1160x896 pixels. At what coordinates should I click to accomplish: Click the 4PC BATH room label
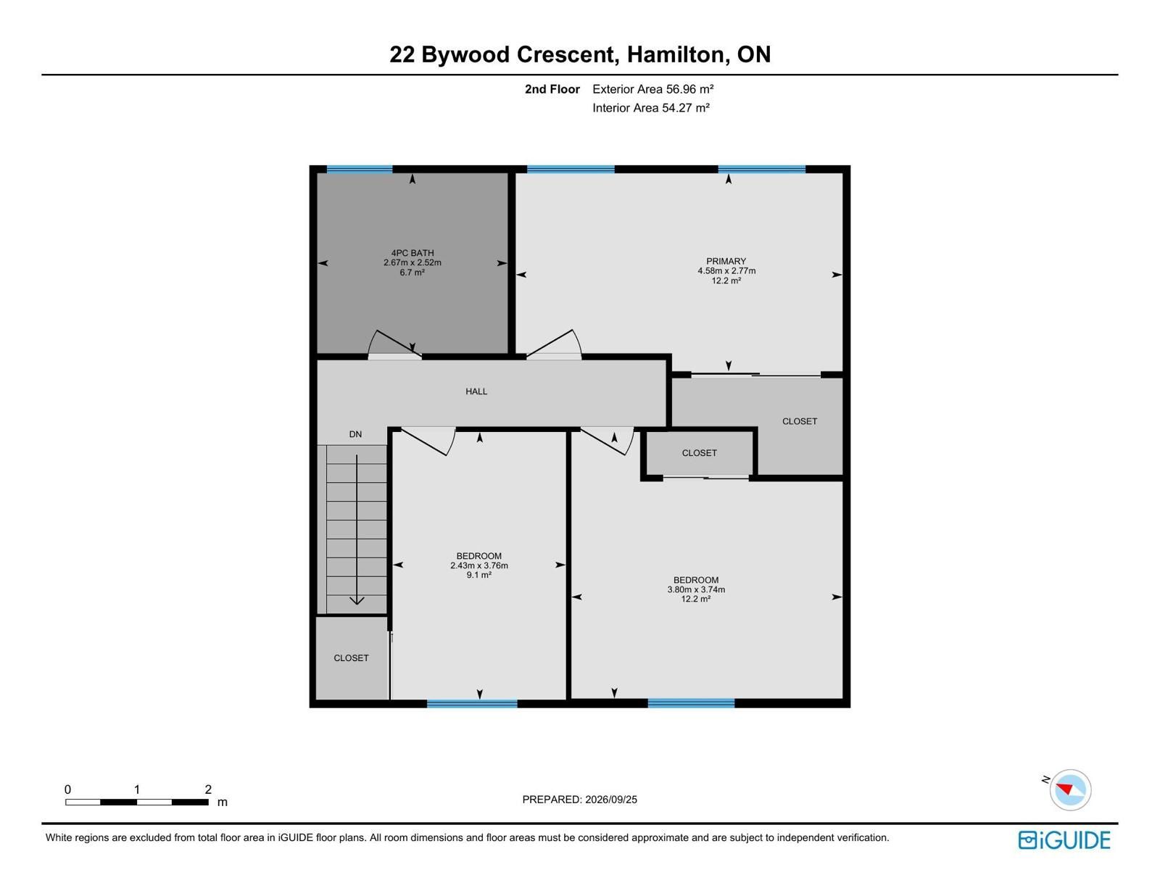(x=412, y=253)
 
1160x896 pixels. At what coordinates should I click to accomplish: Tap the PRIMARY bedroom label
(x=726, y=261)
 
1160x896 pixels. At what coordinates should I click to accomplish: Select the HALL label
(x=476, y=391)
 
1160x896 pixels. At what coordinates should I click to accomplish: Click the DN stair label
(x=355, y=434)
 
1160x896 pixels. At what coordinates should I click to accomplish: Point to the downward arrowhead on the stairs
(x=357, y=600)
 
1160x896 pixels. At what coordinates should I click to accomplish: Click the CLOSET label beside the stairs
(x=351, y=658)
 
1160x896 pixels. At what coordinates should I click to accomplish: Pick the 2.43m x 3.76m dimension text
(x=478, y=565)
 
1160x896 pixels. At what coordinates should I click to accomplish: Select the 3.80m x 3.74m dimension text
(x=695, y=589)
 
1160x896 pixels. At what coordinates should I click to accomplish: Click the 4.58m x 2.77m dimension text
(x=726, y=270)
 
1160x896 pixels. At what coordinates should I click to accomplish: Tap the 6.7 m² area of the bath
(x=412, y=272)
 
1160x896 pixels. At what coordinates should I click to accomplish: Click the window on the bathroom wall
(x=360, y=169)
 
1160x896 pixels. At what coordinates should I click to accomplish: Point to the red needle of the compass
(x=1064, y=788)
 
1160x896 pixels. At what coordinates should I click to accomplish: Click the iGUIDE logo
(x=1064, y=840)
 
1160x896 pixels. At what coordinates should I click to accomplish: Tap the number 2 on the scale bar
(x=207, y=789)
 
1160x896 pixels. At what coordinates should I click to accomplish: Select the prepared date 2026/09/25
(x=610, y=800)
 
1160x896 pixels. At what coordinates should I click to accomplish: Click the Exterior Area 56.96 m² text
(x=653, y=89)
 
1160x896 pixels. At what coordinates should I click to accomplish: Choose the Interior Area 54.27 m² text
(x=651, y=108)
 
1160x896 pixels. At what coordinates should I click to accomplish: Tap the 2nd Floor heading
(x=552, y=89)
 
